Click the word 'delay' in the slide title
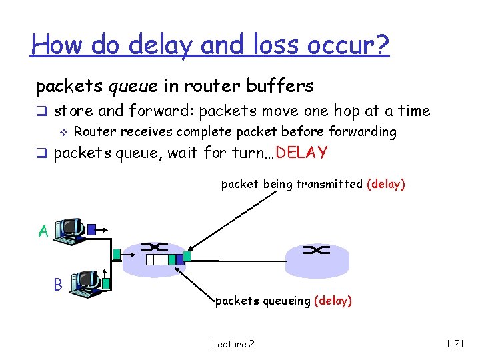pos(154,45)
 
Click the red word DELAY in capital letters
pos(301,153)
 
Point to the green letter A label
pos(43,231)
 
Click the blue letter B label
pos(58,285)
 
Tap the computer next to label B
pos(87,283)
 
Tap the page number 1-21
pos(455,344)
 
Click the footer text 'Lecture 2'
pos(233,344)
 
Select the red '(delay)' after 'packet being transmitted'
pos(385,184)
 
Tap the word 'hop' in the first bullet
pos(361,111)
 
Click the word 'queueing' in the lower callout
pos(286,301)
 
